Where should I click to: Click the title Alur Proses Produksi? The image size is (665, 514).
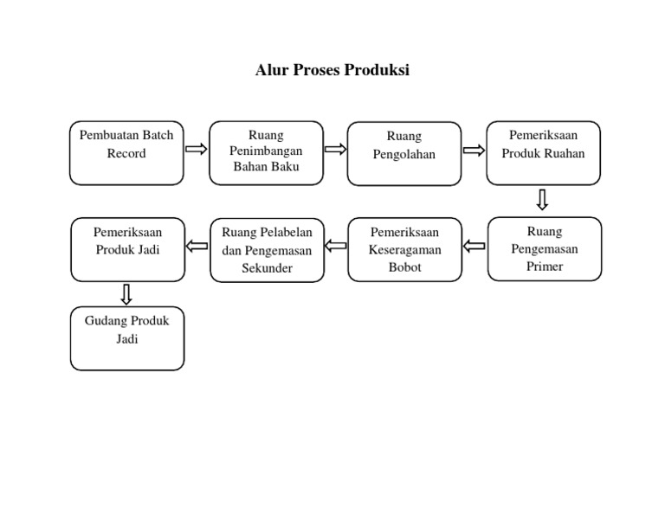pos(332,71)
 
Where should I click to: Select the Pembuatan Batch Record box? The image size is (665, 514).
pos(126,153)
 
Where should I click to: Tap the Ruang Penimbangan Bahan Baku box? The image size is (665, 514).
pos(266,153)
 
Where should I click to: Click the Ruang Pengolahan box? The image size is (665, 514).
pos(404,154)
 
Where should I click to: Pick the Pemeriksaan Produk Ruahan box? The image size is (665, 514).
pos(543,153)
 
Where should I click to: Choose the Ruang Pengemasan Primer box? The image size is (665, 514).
pos(544,249)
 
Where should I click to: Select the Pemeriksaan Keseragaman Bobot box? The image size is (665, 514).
pos(404,249)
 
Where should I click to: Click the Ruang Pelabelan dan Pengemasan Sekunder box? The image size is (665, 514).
pos(267,250)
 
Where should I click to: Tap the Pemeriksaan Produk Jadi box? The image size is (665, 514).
pos(127,249)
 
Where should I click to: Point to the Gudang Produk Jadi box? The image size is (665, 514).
pos(127,338)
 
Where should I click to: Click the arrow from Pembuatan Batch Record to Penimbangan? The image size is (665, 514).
pos(197,149)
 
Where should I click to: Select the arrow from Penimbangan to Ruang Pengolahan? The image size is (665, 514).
pos(335,149)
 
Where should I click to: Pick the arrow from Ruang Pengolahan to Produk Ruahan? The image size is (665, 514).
pos(474,150)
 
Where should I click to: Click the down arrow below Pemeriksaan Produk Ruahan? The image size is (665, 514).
pos(542,200)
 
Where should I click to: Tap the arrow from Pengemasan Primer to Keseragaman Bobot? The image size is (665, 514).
pos(474,247)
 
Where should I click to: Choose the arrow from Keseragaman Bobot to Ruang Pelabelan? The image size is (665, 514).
pos(335,247)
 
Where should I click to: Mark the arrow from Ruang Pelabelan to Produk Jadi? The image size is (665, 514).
pos(197,246)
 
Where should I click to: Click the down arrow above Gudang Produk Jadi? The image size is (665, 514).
pos(126,294)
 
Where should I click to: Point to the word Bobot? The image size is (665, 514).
pos(404,267)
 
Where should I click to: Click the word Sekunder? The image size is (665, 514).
pos(267,268)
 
